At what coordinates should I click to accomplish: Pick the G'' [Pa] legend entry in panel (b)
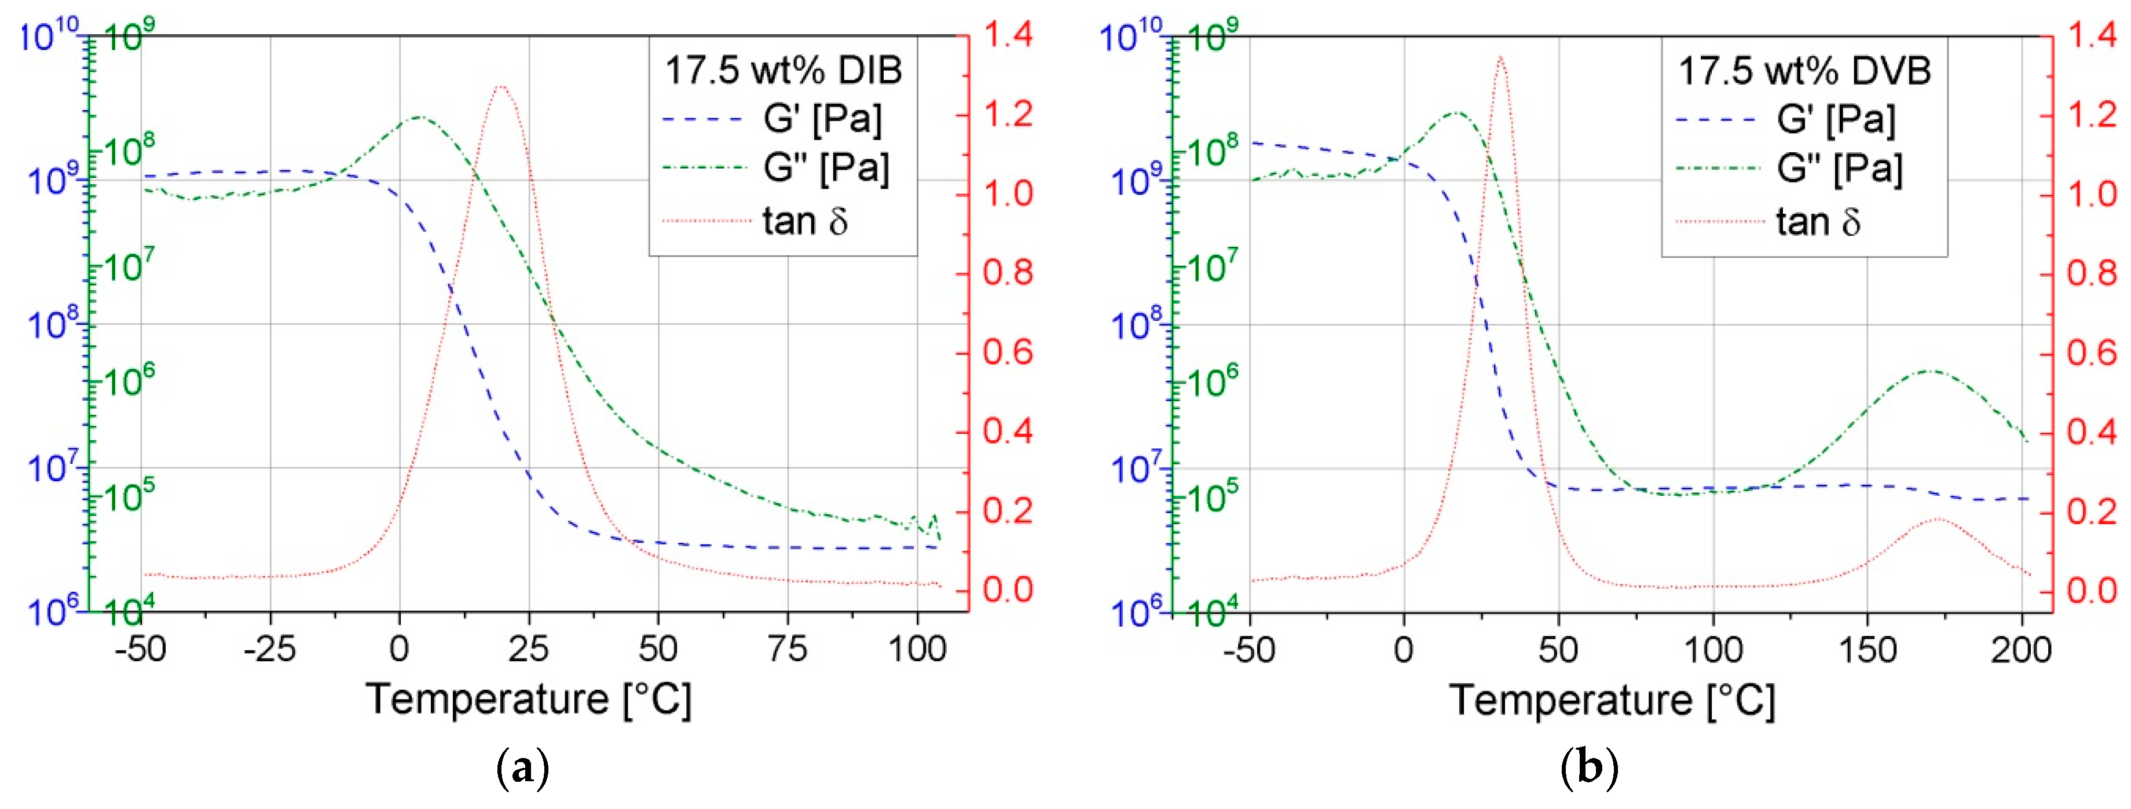tap(1838, 169)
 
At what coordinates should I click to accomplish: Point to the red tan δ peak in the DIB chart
tap(500, 86)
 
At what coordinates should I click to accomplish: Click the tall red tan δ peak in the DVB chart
tap(1500, 58)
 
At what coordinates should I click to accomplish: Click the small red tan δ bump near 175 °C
tap(1938, 519)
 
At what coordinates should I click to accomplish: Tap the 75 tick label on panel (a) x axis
tap(787, 649)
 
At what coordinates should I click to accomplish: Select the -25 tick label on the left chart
tap(270, 649)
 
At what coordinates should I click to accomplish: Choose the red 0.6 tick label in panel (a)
tap(1008, 353)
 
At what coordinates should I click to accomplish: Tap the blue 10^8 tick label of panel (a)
tap(52, 324)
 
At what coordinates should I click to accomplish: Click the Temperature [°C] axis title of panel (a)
tap(529, 700)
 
